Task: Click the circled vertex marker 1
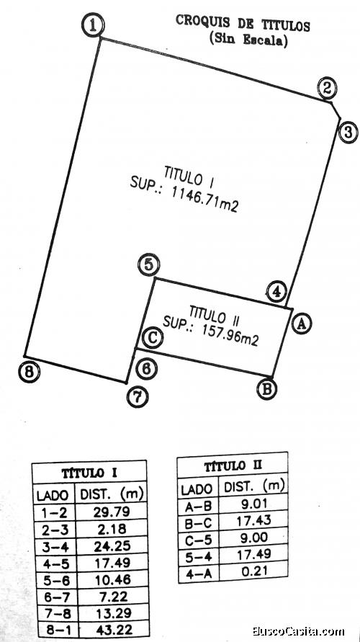pyautogui.click(x=94, y=25)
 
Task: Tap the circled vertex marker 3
pyautogui.click(x=348, y=133)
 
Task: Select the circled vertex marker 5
pyautogui.click(x=149, y=264)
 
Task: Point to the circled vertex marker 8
pyautogui.click(x=30, y=373)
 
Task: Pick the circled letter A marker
pyautogui.click(x=302, y=324)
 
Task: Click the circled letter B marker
pyautogui.click(x=266, y=388)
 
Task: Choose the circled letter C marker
pyautogui.click(x=153, y=338)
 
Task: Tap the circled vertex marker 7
pyautogui.click(x=138, y=396)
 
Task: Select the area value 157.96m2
pyautogui.click(x=230, y=336)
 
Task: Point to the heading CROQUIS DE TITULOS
pyautogui.click(x=243, y=23)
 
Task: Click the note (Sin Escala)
pyautogui.click(x=248, y=40)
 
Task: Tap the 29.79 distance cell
pyautogui.click(x=112, y=512)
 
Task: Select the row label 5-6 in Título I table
pyautogui.click(x=55, y=580)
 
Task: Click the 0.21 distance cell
pyautogui.click(x=254, y=571)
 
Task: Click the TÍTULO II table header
pyautogui.click(x=233, y=466)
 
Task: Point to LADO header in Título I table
pyautogui.click(x=53, y=496)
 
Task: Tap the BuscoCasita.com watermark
pyautogui.click(x=298, y=632)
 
